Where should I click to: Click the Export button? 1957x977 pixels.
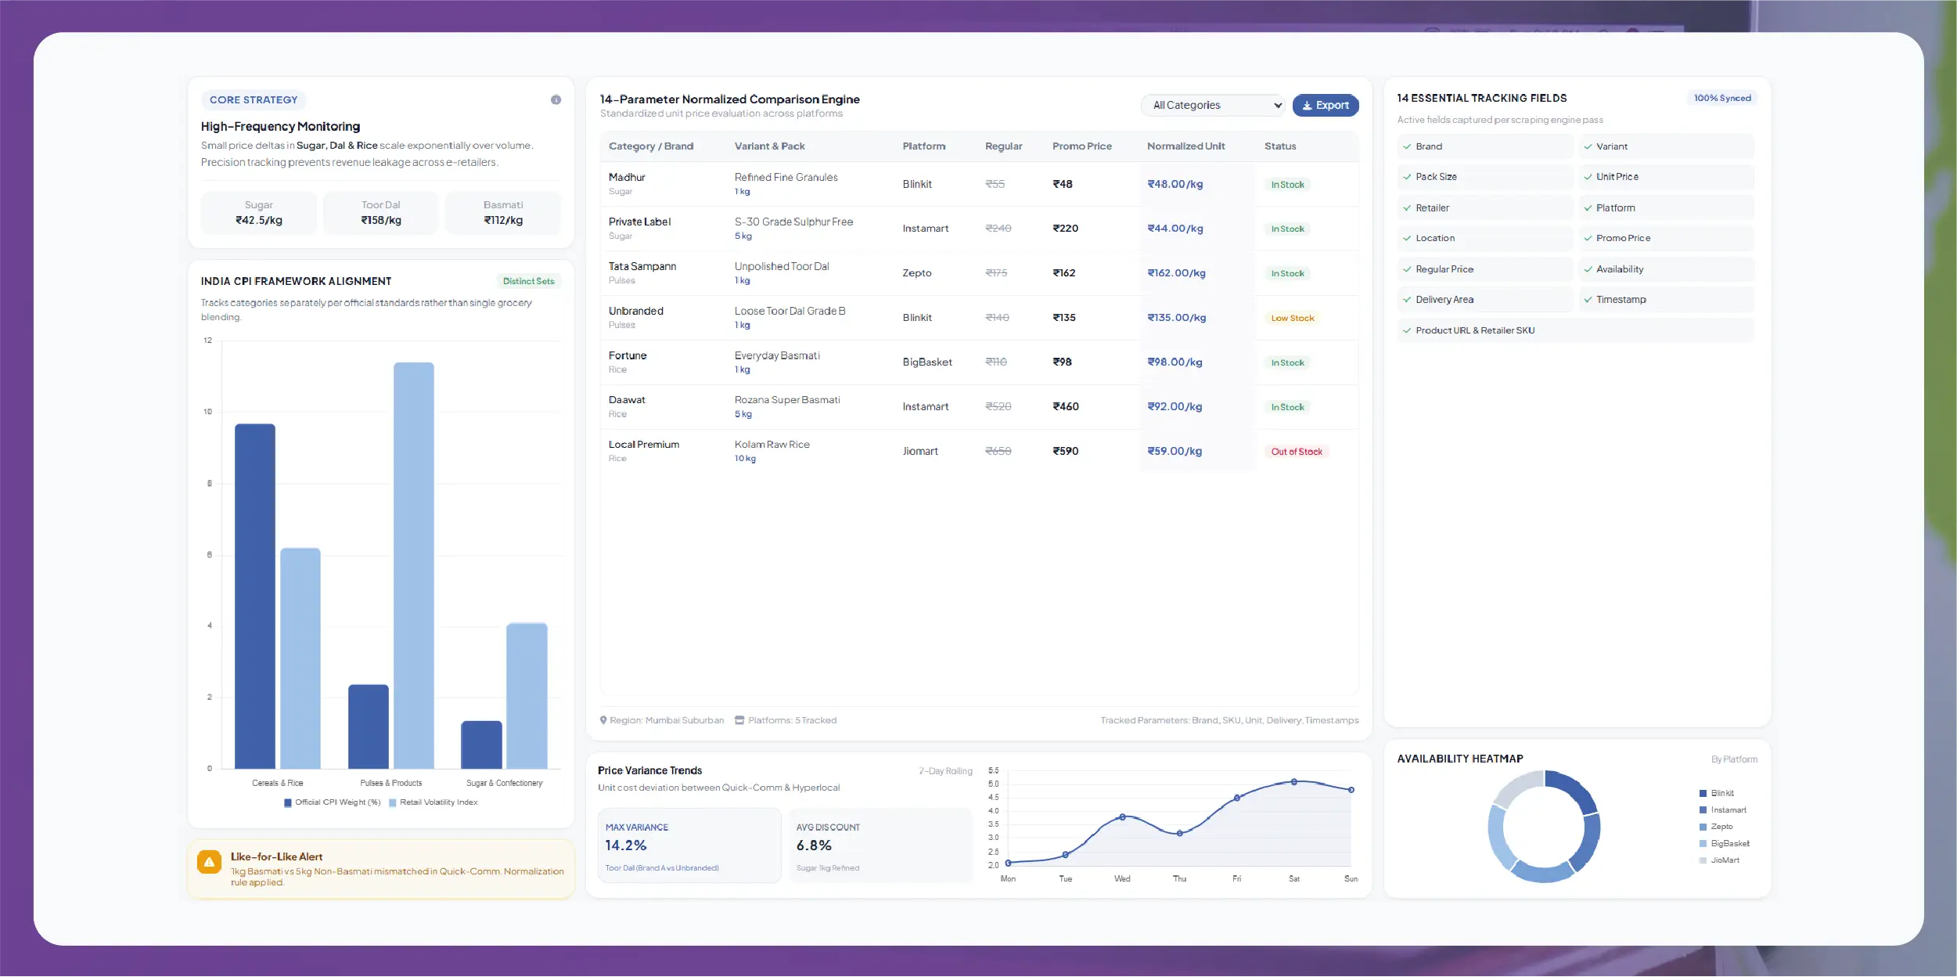[1325, 105]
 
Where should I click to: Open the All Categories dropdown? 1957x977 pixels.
[1212, 105]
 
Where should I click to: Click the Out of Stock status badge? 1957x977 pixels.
[1296, 452]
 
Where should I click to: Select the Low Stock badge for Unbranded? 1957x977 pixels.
[1292, 318]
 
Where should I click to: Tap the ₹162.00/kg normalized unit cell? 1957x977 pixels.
[1176, 273]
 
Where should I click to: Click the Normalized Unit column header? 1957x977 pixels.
[1185, 146]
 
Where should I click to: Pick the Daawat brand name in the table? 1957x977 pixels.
[627, 400]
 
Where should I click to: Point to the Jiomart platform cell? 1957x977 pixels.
[920, 451]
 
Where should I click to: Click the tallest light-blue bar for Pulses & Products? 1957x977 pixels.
[413, 565]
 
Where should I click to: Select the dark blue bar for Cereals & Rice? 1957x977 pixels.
[255, 596]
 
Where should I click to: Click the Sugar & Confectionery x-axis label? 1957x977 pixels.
[504, 783]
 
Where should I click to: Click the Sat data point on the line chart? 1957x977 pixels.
[1294, 782]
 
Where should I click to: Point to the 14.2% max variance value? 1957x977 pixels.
[626, 845]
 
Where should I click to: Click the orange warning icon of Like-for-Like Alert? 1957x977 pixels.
[209, 863]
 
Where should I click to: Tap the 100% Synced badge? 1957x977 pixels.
[1721, 98]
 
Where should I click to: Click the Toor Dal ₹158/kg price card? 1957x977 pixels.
[381, 213]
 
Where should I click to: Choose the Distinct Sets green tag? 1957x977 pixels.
[528, 281]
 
